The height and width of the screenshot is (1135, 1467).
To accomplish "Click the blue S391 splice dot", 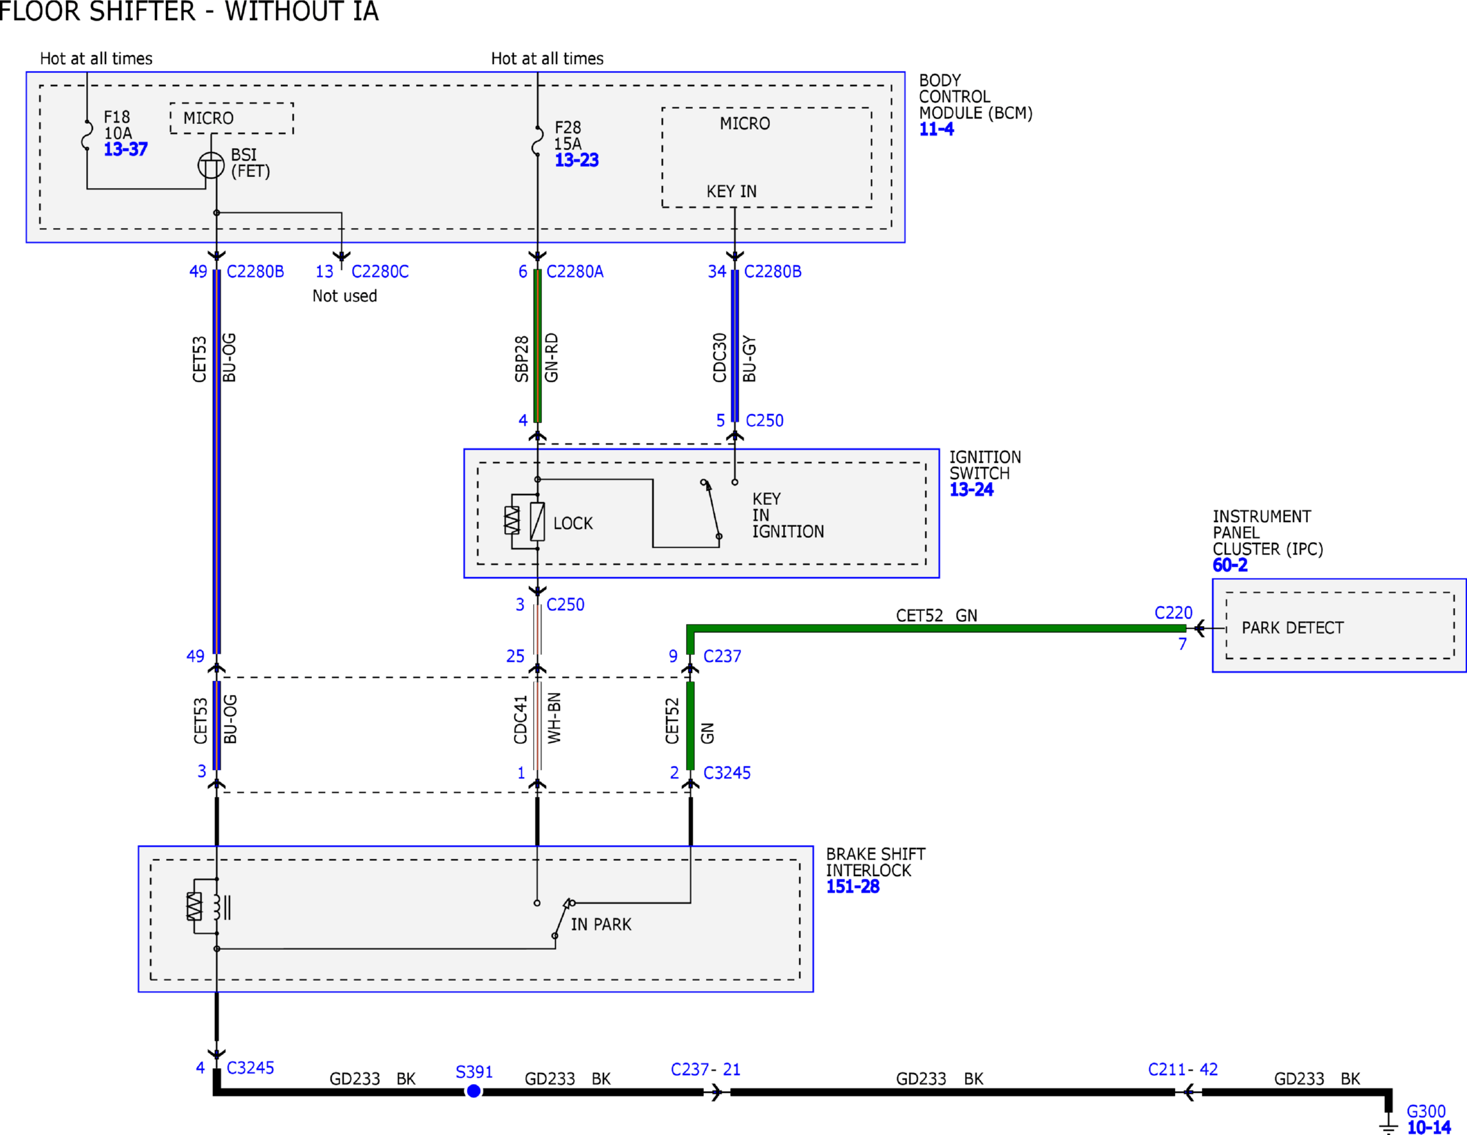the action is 474,1091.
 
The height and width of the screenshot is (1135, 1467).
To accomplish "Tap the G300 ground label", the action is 1426,1111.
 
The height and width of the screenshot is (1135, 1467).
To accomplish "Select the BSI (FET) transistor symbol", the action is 211,165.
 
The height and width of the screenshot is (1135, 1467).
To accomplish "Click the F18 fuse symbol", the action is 87,135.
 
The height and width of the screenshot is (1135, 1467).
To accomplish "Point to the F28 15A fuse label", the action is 568,136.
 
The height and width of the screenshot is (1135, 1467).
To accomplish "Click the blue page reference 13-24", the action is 971,490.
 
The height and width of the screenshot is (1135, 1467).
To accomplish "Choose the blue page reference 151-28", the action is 853,886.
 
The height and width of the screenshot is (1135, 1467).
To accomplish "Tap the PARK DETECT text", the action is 1292,627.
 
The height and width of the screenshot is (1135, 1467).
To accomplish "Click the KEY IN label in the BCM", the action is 731,191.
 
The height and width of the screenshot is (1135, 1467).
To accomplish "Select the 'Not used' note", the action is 344,295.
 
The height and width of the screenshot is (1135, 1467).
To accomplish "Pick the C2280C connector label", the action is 380,271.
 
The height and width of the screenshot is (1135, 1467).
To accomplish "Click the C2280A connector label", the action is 575,271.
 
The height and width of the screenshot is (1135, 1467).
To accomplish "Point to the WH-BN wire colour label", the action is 554,718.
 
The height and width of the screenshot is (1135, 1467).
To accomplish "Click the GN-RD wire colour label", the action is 552,357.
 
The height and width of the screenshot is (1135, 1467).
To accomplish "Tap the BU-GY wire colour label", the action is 749,359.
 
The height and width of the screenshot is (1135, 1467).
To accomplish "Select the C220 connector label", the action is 1174,612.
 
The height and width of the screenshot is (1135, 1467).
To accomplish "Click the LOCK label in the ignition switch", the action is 573,523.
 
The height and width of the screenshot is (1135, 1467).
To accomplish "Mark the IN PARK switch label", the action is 601,924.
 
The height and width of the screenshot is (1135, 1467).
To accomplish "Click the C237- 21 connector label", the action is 706,1069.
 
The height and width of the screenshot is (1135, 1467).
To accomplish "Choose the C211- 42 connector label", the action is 1183,1069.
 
